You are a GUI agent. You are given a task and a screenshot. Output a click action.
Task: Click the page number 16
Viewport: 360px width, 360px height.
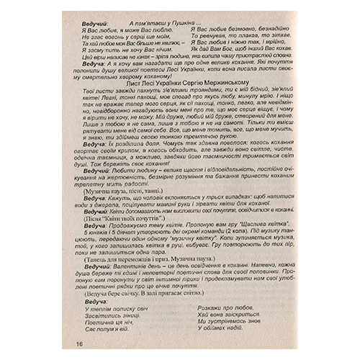78,343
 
